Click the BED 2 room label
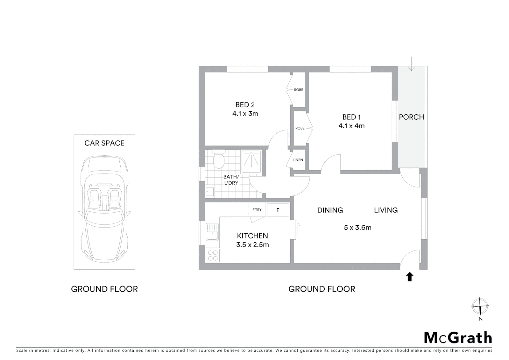[x=245, y=105]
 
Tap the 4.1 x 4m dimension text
[x=351, y=126]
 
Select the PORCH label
[x=411, y=117]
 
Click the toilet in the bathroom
[x=219, y=161]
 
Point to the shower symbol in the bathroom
[x=251, y=162]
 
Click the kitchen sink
[x=212, y=232]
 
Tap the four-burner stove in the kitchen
[x=213, y=255]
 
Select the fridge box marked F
[x=278, y=210]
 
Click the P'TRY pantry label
[x=257, y=210]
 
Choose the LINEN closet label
[x=298, y=160]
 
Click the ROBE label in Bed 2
[x=298, y=90]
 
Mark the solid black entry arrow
[x=410, y=277]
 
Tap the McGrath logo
[x=458, y=338]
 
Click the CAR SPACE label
[x=104, y=143]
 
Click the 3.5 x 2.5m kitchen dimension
[x=253, y=245]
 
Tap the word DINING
[x=330, y=210]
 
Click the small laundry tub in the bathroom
[x=210, y=192]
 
